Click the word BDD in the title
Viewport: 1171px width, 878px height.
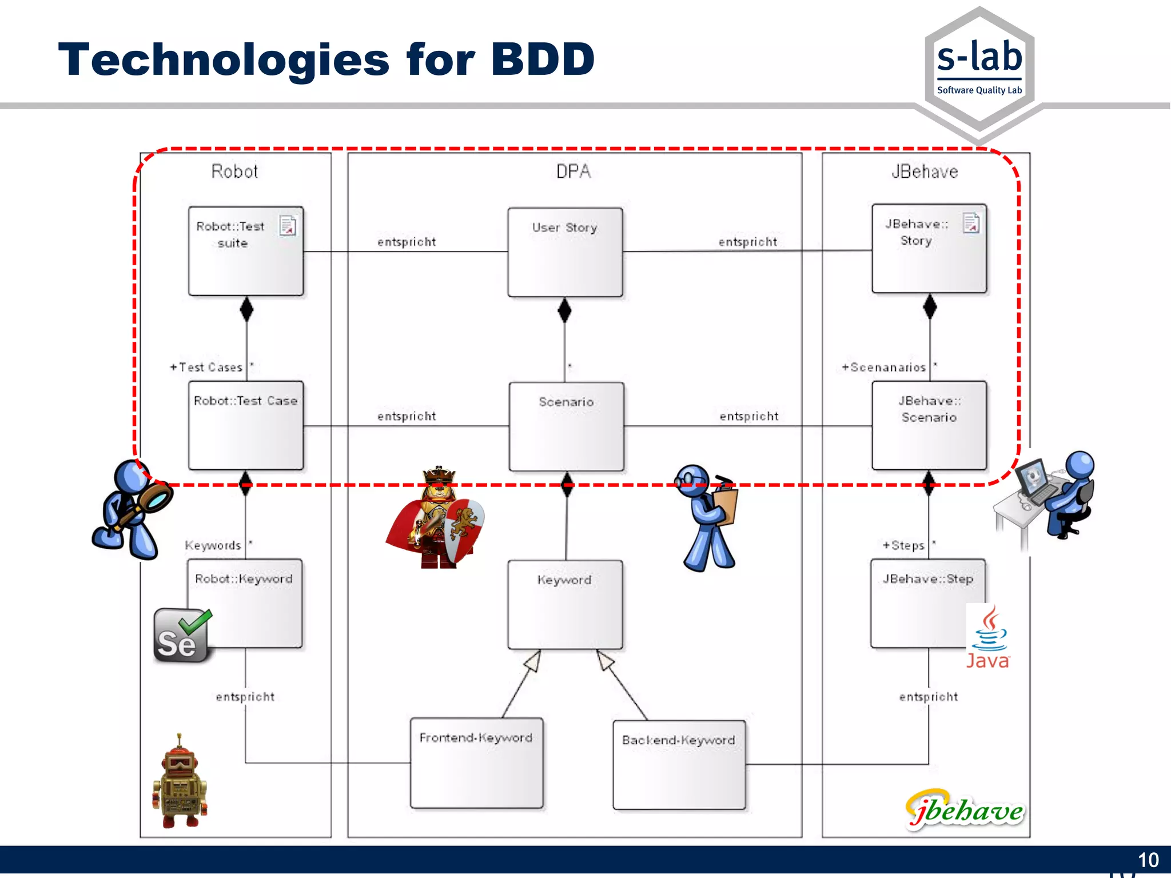click(543, 59)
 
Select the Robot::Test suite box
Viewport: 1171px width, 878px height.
click(245, 252)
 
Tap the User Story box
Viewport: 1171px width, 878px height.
click(564, 252)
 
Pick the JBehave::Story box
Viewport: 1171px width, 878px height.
click(929, 249)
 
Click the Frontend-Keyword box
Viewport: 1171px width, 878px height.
click(476, 763)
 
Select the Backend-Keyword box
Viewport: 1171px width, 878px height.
click(679, 765)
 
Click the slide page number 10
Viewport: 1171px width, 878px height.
click(1148, 860)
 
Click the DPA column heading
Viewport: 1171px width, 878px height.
click(573, 171)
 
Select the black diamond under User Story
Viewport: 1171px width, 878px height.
click(564, 310)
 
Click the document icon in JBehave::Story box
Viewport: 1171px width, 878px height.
click(971, 223)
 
